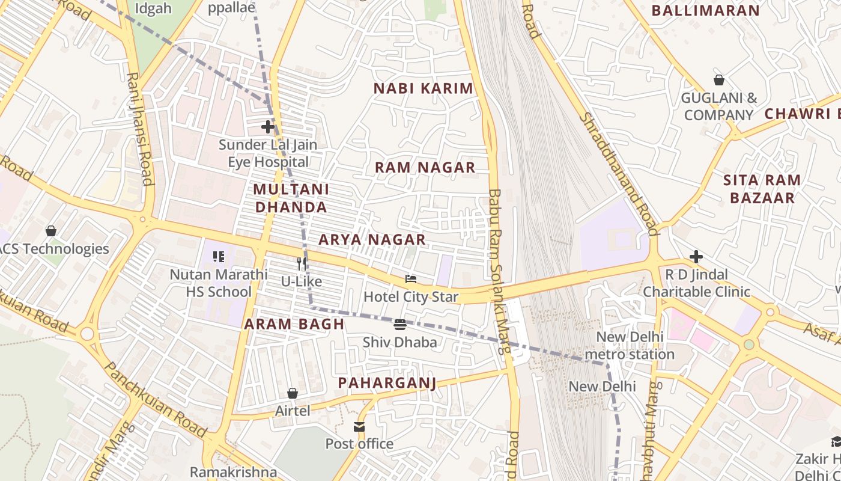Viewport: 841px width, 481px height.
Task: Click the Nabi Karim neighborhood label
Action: point(424,88)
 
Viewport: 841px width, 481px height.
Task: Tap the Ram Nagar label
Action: point(425,168)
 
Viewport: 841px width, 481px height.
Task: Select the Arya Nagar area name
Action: point(372,239)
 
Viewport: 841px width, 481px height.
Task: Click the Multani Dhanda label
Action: point(291,198)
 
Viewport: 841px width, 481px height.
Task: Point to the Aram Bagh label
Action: point(294,324)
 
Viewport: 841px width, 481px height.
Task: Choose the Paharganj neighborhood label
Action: point(387,383)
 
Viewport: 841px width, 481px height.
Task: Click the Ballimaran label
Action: point(706,10)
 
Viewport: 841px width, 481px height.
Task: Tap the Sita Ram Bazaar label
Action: point(762,189)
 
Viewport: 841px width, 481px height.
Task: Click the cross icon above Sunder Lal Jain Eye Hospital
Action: point(268,127)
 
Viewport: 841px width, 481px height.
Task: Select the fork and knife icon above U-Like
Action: point(302,263)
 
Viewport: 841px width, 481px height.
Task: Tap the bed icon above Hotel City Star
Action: point(411,279)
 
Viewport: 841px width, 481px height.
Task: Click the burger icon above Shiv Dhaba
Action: point(400,325)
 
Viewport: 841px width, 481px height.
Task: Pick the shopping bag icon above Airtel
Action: point(293,393)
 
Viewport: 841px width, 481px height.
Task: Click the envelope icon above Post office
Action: point(359,427)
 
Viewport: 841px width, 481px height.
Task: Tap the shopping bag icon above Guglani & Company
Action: point(718,80)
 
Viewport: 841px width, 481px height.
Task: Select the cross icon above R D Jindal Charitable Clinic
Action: point(696,257)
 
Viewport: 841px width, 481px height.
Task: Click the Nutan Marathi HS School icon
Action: point(219,257)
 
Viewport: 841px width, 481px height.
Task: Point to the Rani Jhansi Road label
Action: point(139,129)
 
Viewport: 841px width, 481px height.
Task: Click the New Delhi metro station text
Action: point(629,346)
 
